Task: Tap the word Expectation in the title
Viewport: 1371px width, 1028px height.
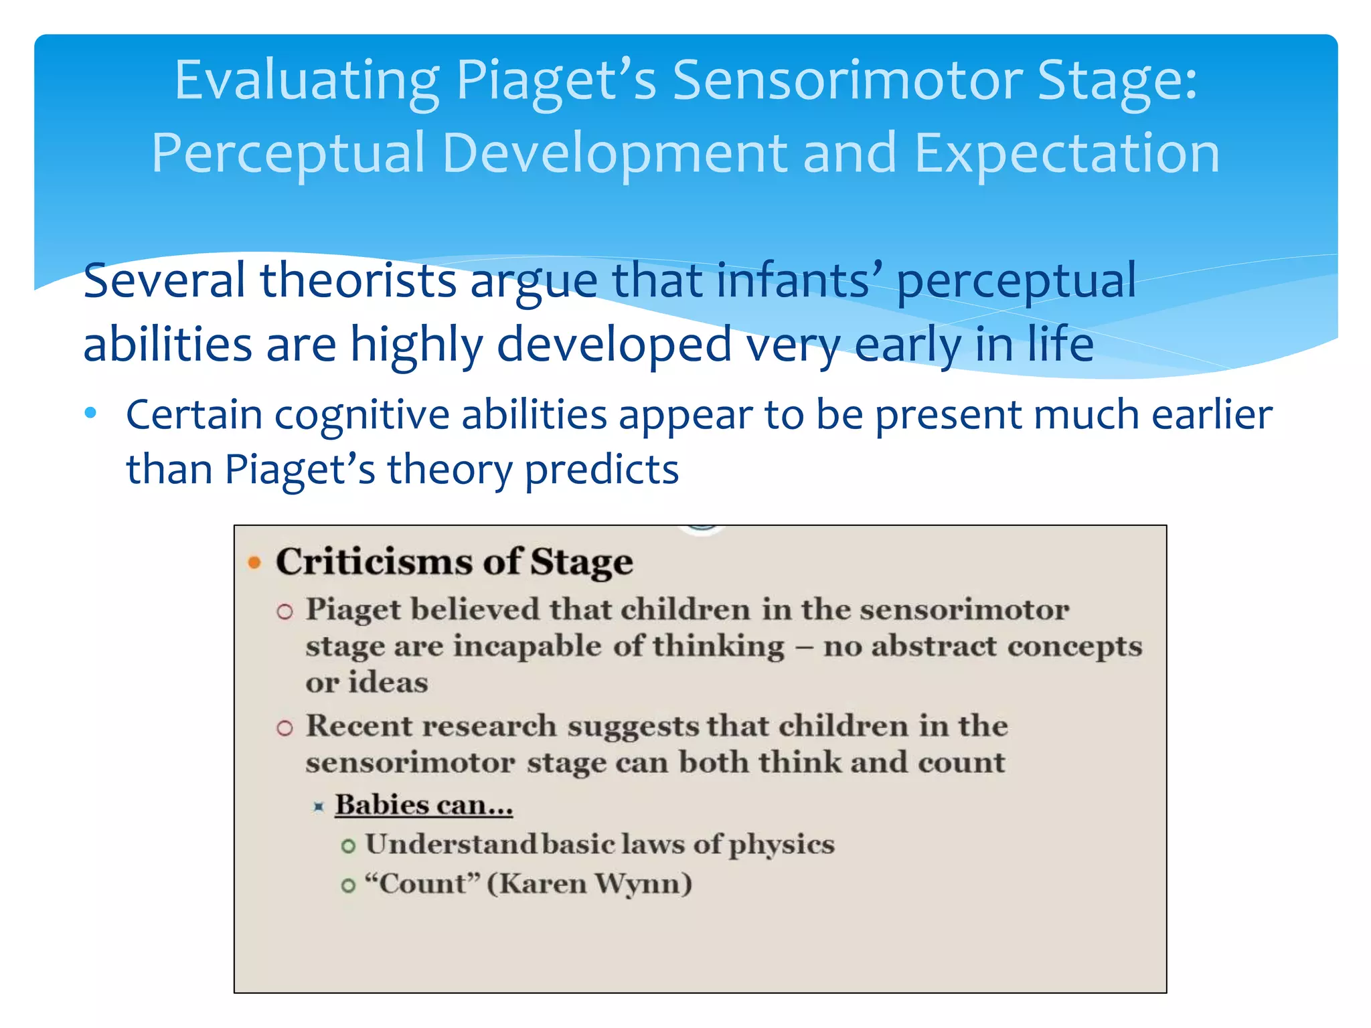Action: point(1066,153)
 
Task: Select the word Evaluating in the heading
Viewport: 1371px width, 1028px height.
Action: point(307,81)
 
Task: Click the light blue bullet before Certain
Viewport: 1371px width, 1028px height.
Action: point(91,412)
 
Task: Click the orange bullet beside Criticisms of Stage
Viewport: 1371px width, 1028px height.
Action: point(254,562)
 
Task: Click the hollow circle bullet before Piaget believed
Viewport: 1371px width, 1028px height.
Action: point(285,612)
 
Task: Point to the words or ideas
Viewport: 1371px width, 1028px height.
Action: point(366,683)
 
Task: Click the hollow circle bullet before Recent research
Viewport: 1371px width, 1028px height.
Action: point(285,728)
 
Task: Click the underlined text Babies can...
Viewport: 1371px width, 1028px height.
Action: point(424,805)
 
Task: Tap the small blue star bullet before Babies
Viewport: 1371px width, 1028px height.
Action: point(319,807)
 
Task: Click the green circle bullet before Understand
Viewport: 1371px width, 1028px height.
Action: point(348,847)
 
